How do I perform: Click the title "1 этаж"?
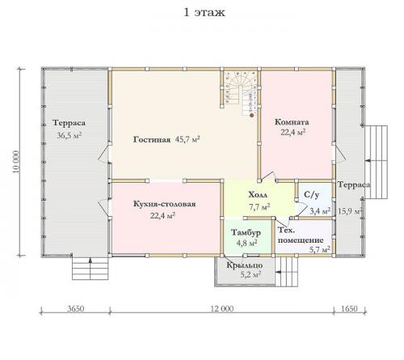click(204, 13)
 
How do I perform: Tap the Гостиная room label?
click(152, 140)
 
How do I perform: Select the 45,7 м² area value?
click(187, 139)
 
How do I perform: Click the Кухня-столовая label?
click(164, 204)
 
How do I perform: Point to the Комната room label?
click(292, 122)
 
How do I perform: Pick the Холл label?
click(258, 194)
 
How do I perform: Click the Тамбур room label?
click(246, 232)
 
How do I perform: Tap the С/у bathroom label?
click(312, 194)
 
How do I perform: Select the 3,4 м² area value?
click(320, 210)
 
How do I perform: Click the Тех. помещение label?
click(301, 235)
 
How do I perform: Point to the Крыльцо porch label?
click(245, 265)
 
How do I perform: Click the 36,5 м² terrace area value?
click(69, 135)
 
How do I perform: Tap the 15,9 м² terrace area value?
click(350, 211)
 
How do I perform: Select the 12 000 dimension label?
click(222, 308)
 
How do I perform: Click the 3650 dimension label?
click(76, 308)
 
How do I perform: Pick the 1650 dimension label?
click(349, 308)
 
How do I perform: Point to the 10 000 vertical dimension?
click(16, 162)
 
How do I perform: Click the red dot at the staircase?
click(252, 116)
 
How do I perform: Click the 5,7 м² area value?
click(320, 249)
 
